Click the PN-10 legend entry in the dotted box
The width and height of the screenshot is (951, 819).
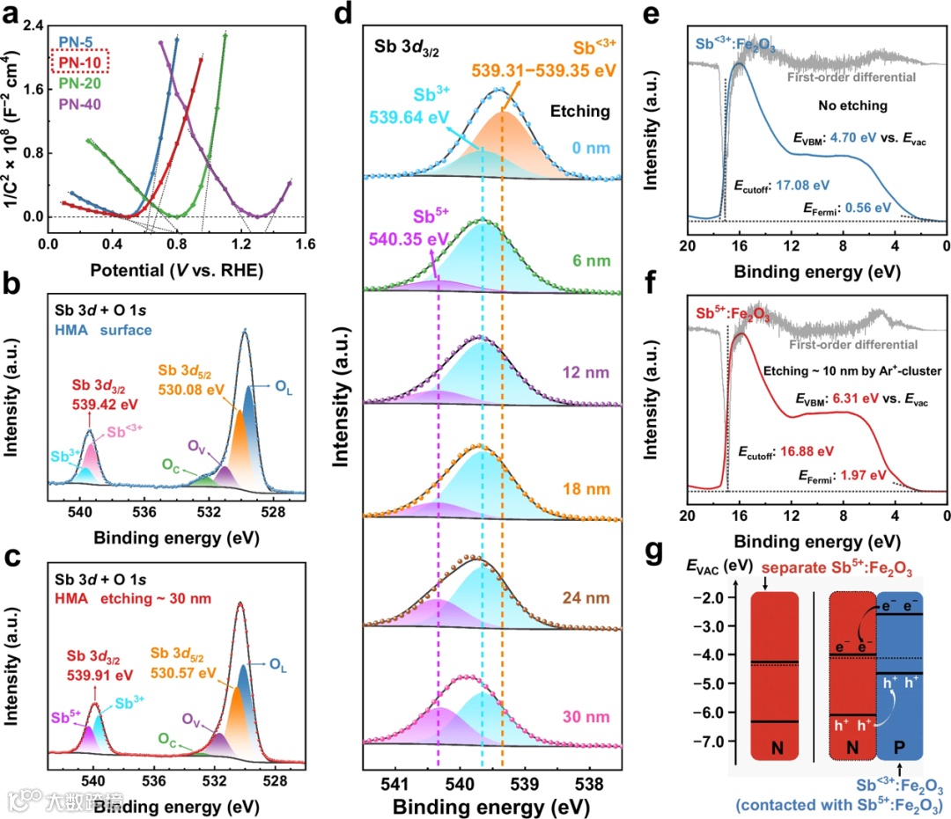pos(80,62)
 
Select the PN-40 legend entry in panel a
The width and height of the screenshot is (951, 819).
pos(80,105)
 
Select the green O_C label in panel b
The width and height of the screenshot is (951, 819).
pos(172,462)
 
